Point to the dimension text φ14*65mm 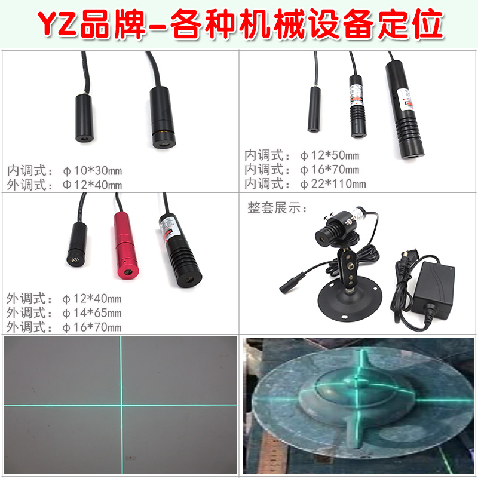[92, 312]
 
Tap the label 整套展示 [277, 208]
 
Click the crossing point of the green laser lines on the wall [121, 405]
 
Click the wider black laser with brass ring [161, 117]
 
